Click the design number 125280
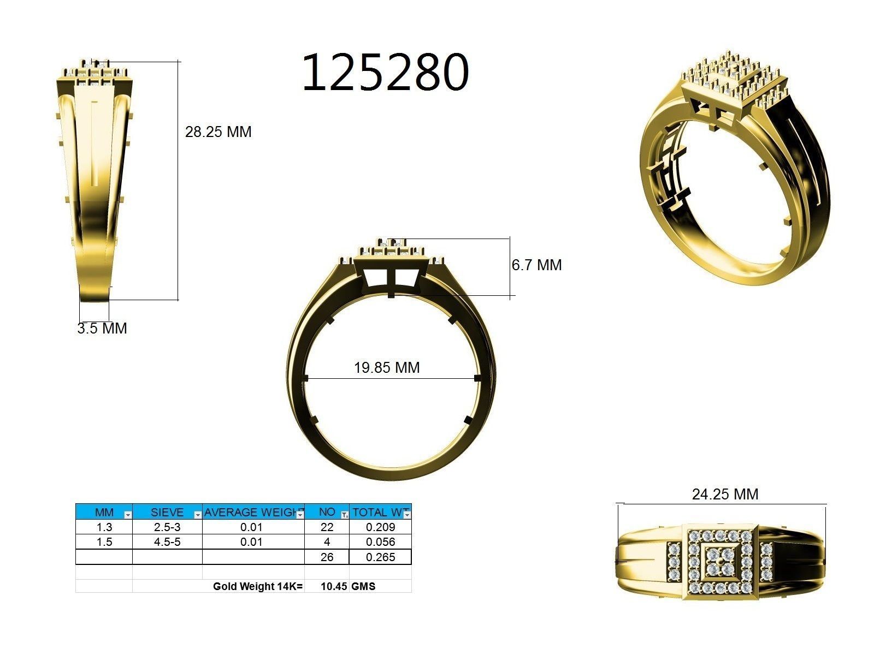(385, 72)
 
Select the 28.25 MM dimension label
(218, 132)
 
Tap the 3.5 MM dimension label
(102, 329)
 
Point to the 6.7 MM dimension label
(536, 265)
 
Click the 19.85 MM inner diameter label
(387, 368)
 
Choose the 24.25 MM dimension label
(725, 495)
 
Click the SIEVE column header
(167, 513)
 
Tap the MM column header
(104, 513)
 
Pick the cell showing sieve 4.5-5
(167, 542)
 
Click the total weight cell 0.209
(380, 527)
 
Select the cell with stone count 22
(327, 527)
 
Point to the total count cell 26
(327, 557)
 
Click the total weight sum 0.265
(380, 557)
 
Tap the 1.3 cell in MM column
(104, 527)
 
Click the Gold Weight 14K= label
(257, 587)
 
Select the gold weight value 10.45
(334, 587)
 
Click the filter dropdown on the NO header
(344, 515)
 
